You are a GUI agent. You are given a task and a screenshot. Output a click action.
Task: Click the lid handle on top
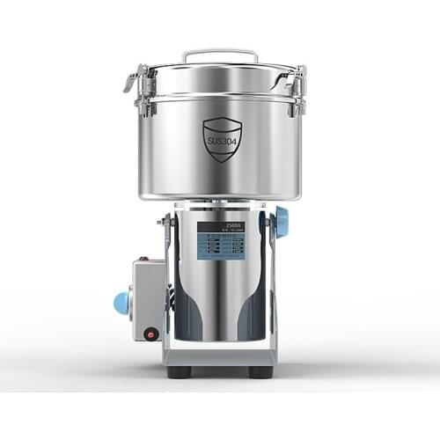220,55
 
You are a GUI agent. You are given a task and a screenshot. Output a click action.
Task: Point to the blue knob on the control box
121,303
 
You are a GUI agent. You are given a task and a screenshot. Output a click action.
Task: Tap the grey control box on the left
148,299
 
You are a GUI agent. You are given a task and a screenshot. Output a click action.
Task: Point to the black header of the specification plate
221,226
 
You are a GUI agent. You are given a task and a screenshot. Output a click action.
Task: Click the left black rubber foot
180,370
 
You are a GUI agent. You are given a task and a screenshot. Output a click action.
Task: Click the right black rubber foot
260,370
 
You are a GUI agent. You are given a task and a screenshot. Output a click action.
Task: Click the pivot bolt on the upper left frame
164,221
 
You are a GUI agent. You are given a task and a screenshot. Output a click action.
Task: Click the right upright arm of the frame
271,282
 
